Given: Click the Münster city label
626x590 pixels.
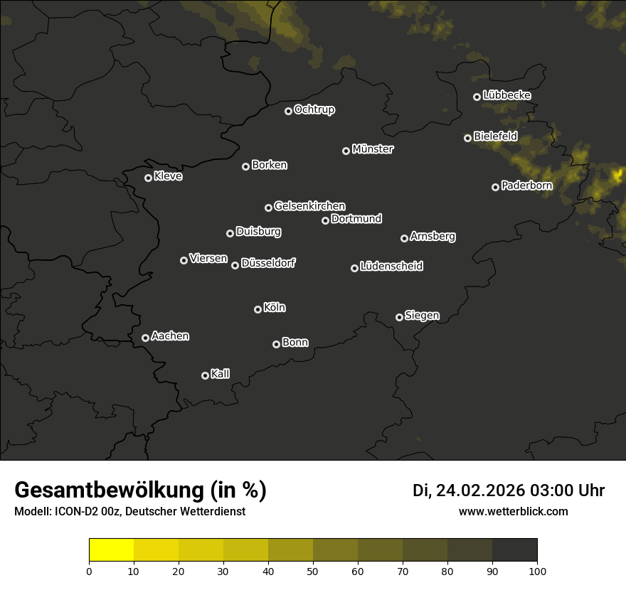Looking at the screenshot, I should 373,149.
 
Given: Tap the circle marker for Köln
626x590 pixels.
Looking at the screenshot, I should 258,309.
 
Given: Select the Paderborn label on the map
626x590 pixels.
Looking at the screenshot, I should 526,186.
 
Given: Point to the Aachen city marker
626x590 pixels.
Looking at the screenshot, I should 145,338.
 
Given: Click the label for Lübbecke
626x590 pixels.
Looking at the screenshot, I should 506,95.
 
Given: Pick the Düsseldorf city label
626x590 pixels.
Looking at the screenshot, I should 268,263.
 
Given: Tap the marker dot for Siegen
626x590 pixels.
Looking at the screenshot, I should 399,317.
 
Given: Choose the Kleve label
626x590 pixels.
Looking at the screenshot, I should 168,176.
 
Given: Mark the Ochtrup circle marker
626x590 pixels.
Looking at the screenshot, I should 288,111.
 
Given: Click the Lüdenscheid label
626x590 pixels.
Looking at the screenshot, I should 391,267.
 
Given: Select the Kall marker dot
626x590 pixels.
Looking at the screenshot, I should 205,375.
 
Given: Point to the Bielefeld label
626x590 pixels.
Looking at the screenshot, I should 495,136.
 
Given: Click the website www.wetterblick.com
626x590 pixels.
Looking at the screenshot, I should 513,511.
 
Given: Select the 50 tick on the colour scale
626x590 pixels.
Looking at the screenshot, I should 313,570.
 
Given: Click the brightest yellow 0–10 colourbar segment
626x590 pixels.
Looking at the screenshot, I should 111,549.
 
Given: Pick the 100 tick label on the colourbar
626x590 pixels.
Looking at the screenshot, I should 537,570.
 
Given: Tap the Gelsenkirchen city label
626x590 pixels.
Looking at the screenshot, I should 309,206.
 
